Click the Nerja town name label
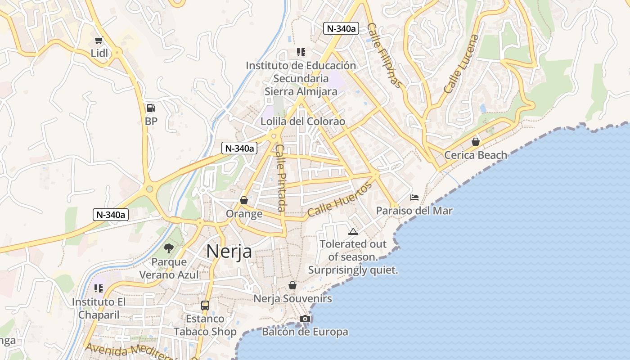229,252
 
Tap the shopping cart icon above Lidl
99,40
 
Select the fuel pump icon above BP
151,108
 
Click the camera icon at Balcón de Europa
305,319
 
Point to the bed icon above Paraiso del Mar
414,198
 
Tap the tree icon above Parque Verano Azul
169,248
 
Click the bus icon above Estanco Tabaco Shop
205,306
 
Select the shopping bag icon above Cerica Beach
476,142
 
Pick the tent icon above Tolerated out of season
353,232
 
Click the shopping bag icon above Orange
244,200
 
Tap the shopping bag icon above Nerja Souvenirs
292,286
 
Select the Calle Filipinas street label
383,55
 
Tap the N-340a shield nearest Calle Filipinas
341,28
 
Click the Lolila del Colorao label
303,121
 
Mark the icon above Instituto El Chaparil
99,288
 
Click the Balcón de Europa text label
305,332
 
